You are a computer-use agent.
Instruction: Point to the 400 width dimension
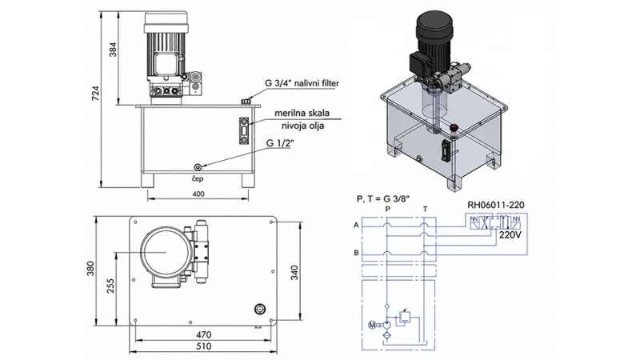coord(198,194)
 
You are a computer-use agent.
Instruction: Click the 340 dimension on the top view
coord(295,273)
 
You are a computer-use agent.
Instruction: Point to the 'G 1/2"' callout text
coord(281,144)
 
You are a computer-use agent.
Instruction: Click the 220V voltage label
coord(510,236)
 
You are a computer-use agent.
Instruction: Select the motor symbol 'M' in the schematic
coord(370,324)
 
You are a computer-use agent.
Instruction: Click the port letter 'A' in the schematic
coord(355,226)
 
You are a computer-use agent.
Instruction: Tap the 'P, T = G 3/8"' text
coord(381,197)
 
